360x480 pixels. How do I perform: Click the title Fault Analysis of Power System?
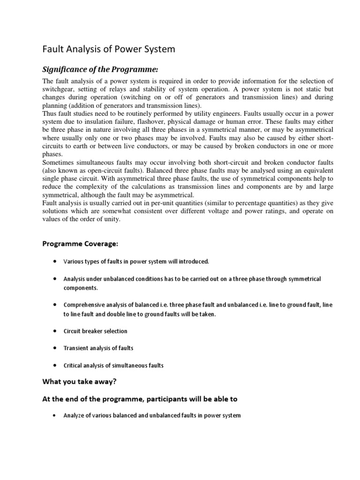(x=109, y=49)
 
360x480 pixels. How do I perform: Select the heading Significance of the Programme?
(x=101, y=69)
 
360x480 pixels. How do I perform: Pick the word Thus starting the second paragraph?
(x=51, y=112)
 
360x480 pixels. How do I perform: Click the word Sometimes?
(x=60, y=161)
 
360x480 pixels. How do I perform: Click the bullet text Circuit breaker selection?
(x=95, y=331)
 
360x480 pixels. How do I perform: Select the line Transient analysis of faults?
(x=98, y=348)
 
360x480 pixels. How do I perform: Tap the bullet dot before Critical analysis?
(x=55, y=365)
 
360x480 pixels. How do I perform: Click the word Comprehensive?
(x=84, y=305)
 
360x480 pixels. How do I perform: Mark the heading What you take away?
(x=79, y=382)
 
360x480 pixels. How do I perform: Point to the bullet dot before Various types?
(x=55, y=261)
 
